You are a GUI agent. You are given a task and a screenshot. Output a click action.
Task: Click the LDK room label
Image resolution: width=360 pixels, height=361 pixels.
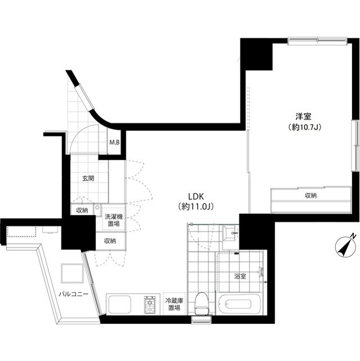click(196, 197)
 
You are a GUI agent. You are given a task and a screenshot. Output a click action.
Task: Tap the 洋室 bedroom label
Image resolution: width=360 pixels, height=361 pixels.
click(303, 117)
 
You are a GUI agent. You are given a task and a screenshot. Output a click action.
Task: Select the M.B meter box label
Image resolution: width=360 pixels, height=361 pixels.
click(114, 143)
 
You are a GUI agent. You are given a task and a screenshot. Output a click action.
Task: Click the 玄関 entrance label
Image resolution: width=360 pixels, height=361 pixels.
click(88, 178)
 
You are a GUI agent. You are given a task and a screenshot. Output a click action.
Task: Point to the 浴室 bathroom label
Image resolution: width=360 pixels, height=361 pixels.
click(240, 276)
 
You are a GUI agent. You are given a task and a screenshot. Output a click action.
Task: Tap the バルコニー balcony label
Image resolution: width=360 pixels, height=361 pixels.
click(74, 294)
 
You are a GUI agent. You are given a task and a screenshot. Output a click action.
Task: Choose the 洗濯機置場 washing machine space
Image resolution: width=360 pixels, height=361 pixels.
click(114, 220)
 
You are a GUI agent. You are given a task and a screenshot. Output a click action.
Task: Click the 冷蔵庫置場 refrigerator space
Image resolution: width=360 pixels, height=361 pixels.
click(174, 303)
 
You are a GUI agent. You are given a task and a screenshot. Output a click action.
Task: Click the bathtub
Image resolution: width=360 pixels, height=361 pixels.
click(239, 304)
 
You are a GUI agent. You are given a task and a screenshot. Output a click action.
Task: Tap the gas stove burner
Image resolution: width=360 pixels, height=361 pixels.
click(150, 305)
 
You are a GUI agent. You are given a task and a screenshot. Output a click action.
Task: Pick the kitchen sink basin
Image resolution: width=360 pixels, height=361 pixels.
click(119, 305)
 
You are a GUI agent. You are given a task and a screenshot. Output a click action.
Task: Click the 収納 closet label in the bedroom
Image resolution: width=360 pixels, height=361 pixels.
click(310, 196)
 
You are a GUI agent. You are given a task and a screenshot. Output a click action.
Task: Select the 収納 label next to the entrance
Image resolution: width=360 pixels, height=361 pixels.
click(82, 210)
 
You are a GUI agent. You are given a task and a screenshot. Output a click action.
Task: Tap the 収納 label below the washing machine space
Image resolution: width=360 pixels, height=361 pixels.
click(110, 241)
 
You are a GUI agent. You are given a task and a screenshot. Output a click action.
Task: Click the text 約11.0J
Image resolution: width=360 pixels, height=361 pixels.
click(196, 207)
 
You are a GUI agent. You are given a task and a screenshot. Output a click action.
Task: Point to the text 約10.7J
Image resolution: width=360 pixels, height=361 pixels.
click(305, 127)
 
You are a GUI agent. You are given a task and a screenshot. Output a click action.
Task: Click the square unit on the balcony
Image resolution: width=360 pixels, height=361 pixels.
click(72, 274)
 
